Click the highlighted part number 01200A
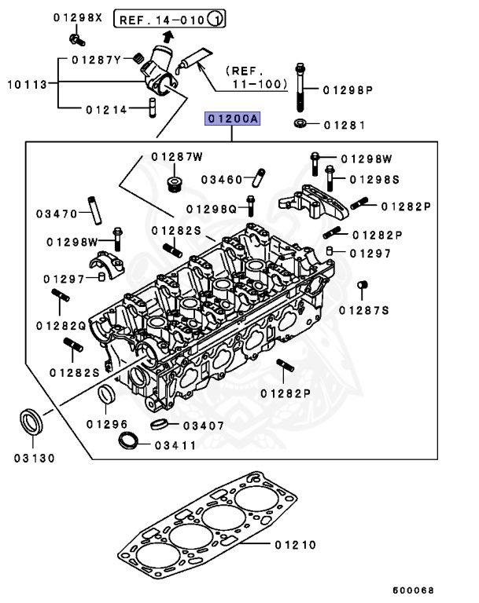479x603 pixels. pyautogui.click(x=232, y=119)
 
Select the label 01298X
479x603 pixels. pyautogui.click(x=79, y=17)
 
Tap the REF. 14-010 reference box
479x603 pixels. pyautogui.click(x=171, y=17)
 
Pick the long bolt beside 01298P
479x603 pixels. pyautogui.click(x=301, y=89)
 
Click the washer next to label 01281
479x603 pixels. pyautogui.click(x=300, y=124)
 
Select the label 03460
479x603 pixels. pyautogui.click(x=222, y=180)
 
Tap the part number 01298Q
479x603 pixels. pyautogui.click(x=211, y=209)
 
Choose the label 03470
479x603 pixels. pyautogui.click(x=57, y=213)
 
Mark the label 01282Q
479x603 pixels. pyautogui.click(x=61, y=325)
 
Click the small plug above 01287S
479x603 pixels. pyautogui.click(x=363, y=284)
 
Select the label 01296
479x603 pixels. pyautogui.click(x=107, y=424)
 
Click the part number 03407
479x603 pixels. pyautogui.click(x=204, y=426)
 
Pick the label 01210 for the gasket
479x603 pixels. pyautogui.click(x=295, y=544)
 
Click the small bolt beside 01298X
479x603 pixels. pyautogui.click(x=75, y=37)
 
